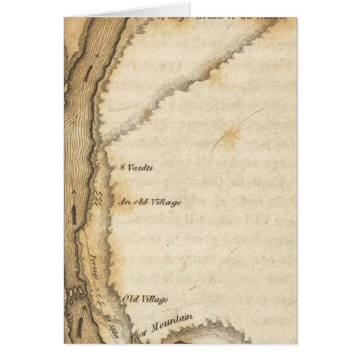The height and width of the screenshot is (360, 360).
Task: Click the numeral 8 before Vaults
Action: tap(122, 167)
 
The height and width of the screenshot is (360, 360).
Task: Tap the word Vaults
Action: tap(140, 167)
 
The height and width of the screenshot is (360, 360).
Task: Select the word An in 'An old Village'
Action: tap(125, 201)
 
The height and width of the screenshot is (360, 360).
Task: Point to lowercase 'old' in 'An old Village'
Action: tap(141, 201)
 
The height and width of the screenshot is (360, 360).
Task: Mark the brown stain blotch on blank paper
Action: tap(229, 136)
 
